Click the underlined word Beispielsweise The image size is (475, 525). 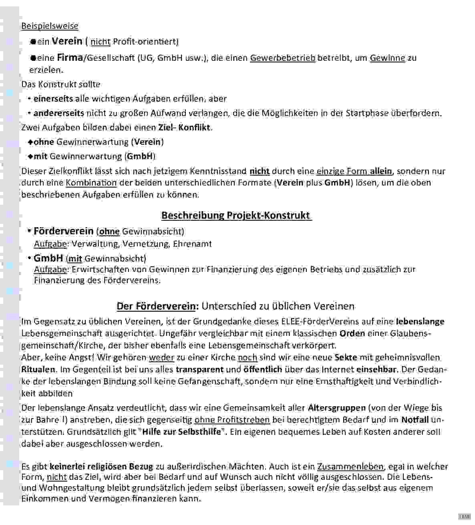tap(50, 26)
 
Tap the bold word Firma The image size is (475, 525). tap(70, 58)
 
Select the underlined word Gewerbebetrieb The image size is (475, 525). tap(283, 58)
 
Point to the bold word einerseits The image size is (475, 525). tap(53, 99)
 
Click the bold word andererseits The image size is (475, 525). tap(58, 113)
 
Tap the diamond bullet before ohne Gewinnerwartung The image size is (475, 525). tap(30, 142)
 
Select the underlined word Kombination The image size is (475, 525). tap(91, 183)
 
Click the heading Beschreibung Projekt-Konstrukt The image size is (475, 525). tap(236, 216)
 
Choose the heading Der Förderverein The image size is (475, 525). tap(157, 306)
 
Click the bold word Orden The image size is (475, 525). tap(352, 333)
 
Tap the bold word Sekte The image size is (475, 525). tap(346, 357)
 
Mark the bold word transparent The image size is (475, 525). tap(199, 369)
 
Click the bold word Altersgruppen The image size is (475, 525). tap(337, 408)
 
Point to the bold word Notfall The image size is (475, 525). tap(415, 420)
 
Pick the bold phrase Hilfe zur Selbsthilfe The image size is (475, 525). tap(182, 432)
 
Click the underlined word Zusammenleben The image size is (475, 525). tap(350, 467)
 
